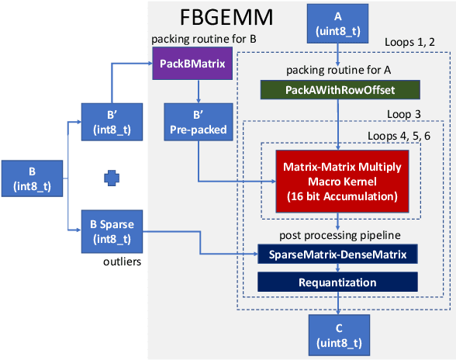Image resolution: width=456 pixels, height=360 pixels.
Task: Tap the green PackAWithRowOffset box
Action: click(x=337, y=90)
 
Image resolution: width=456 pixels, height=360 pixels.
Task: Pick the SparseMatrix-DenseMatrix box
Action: click(x=337, y=254)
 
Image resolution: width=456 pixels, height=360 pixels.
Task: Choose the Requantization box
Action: click(x=337, y=282)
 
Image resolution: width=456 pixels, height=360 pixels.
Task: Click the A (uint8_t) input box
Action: click(x=337, y=22)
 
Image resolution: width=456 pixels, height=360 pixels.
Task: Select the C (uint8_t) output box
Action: click(x=337, y=334)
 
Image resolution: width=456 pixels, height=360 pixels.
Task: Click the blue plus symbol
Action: click(x=111, y=178)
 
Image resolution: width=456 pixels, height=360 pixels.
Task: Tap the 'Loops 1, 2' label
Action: click(x=413, y=42)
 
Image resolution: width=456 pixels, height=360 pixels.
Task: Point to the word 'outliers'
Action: click(x=121, y=262)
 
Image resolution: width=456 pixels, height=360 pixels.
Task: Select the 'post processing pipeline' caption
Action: click(x=337, y=234)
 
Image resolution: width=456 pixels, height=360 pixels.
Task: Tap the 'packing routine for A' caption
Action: click(x=337, y=69)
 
